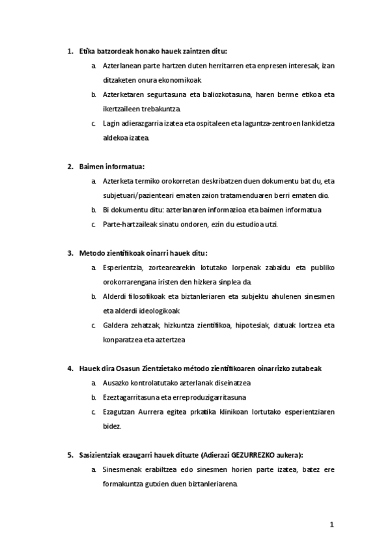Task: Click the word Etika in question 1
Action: tap(87, 50)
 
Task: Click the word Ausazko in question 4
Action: tap(117, 383)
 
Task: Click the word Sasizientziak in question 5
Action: tap(100, 455)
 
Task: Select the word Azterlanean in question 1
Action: tap(123, 66)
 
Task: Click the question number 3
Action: tap(70, 253)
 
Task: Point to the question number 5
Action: tap(70, 455)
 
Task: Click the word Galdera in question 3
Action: tap(116, 325)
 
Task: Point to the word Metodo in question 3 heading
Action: tap(92, 253)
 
